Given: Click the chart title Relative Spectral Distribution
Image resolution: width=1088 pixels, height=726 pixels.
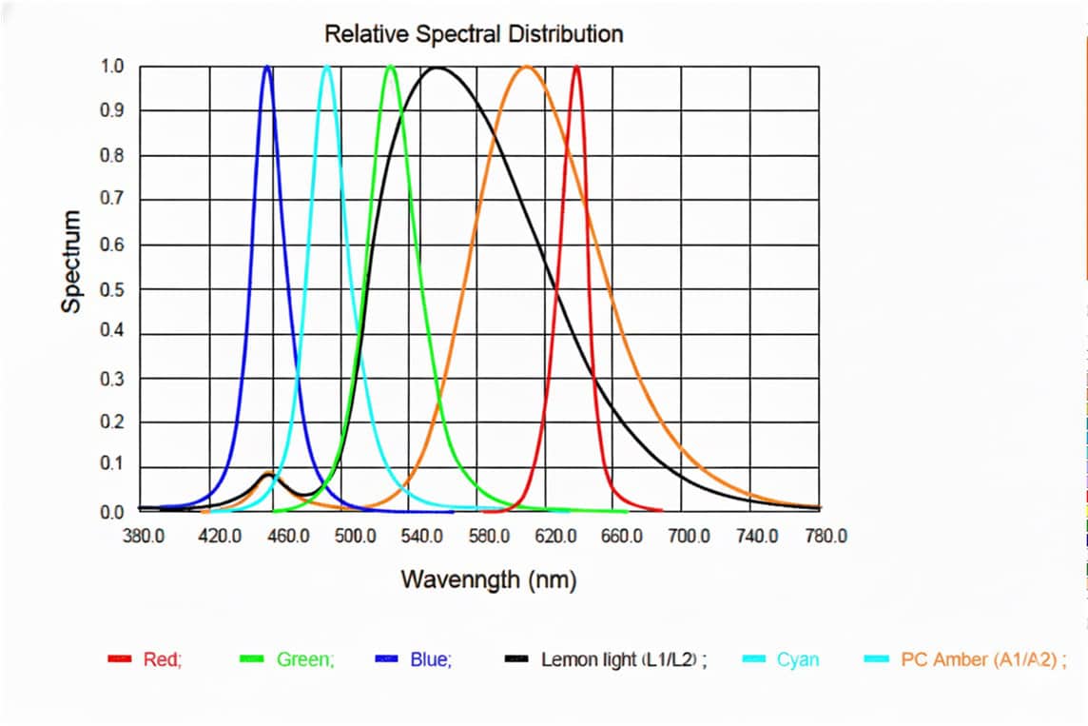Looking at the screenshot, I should [474, 34].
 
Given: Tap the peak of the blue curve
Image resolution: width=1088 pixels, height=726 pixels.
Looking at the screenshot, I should [267, 67].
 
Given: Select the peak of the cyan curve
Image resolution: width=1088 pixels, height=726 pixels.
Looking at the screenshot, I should [327, 67].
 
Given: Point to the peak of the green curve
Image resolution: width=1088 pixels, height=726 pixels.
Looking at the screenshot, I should [391, 67].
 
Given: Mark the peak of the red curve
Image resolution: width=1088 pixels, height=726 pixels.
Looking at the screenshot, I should [576, 67].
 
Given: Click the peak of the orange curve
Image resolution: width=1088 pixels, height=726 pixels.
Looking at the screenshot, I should [527, 67].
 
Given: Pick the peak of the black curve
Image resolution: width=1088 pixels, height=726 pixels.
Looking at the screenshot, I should [437, 68].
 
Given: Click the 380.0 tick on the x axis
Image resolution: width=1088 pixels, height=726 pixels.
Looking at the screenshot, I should [145, 537].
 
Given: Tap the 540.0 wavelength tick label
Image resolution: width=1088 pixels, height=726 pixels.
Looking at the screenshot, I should [421, 537].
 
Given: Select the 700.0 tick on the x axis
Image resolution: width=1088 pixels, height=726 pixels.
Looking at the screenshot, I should [689, 537].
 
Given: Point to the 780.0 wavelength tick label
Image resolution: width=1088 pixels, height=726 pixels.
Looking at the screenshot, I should [826, 537].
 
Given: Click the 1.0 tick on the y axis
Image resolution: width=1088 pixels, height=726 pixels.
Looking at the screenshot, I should [112, 67].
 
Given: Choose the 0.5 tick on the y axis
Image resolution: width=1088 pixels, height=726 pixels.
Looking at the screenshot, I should [112, 289].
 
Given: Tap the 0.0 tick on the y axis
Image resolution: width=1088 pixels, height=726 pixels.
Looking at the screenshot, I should [112, 512].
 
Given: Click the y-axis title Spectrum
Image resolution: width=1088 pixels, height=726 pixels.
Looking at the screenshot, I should [71, 262].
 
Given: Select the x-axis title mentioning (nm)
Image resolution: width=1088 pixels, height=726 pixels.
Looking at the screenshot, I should [489, 579].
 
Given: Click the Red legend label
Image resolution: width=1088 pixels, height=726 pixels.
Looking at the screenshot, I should [161, 658].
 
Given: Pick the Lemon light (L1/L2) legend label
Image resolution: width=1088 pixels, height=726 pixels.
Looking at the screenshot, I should [624, 658].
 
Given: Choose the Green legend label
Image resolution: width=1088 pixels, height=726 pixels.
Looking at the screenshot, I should [305, 658].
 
